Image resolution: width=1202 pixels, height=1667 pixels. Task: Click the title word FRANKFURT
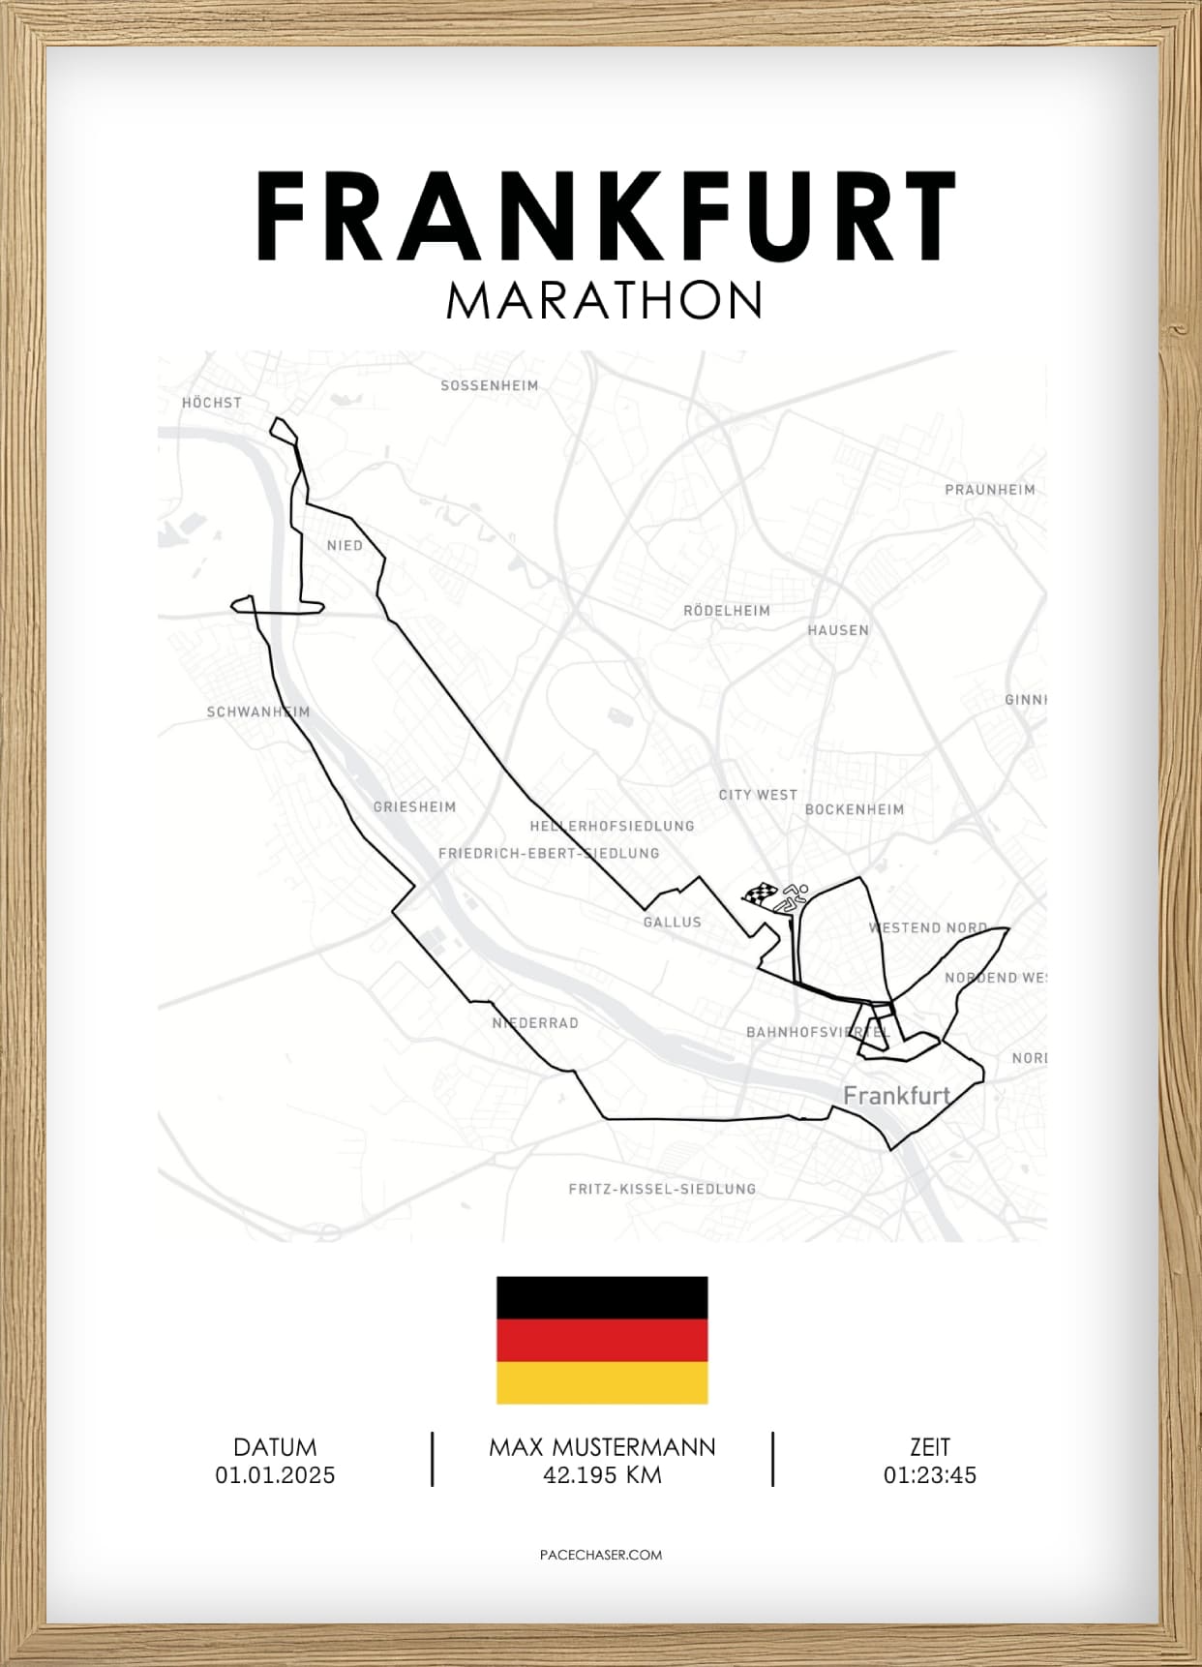606,217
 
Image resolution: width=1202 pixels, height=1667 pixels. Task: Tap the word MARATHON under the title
605,301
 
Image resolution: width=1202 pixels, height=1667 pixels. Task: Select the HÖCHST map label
212,403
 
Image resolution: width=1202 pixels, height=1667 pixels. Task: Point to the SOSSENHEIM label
489,385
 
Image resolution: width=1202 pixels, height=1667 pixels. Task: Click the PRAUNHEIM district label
989,490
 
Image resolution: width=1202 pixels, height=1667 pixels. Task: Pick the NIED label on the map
345,546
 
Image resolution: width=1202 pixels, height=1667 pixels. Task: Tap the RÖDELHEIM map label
727,611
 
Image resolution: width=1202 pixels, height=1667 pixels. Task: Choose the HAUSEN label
838,630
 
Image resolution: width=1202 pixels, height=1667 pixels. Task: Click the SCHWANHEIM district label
258,712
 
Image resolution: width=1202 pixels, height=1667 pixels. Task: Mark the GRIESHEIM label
414,806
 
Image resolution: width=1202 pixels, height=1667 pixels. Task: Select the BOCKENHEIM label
855,809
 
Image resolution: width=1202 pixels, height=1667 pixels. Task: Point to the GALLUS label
672,923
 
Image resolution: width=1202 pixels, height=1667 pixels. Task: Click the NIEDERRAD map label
535,1023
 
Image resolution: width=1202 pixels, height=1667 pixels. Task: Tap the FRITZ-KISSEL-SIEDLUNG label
662,1189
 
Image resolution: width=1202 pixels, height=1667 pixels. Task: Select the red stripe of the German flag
602,1341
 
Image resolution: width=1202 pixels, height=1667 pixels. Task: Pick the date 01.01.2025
275,1475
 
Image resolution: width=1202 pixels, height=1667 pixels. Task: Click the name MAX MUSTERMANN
602,1447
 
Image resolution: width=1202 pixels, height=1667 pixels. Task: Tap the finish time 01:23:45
929,1475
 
